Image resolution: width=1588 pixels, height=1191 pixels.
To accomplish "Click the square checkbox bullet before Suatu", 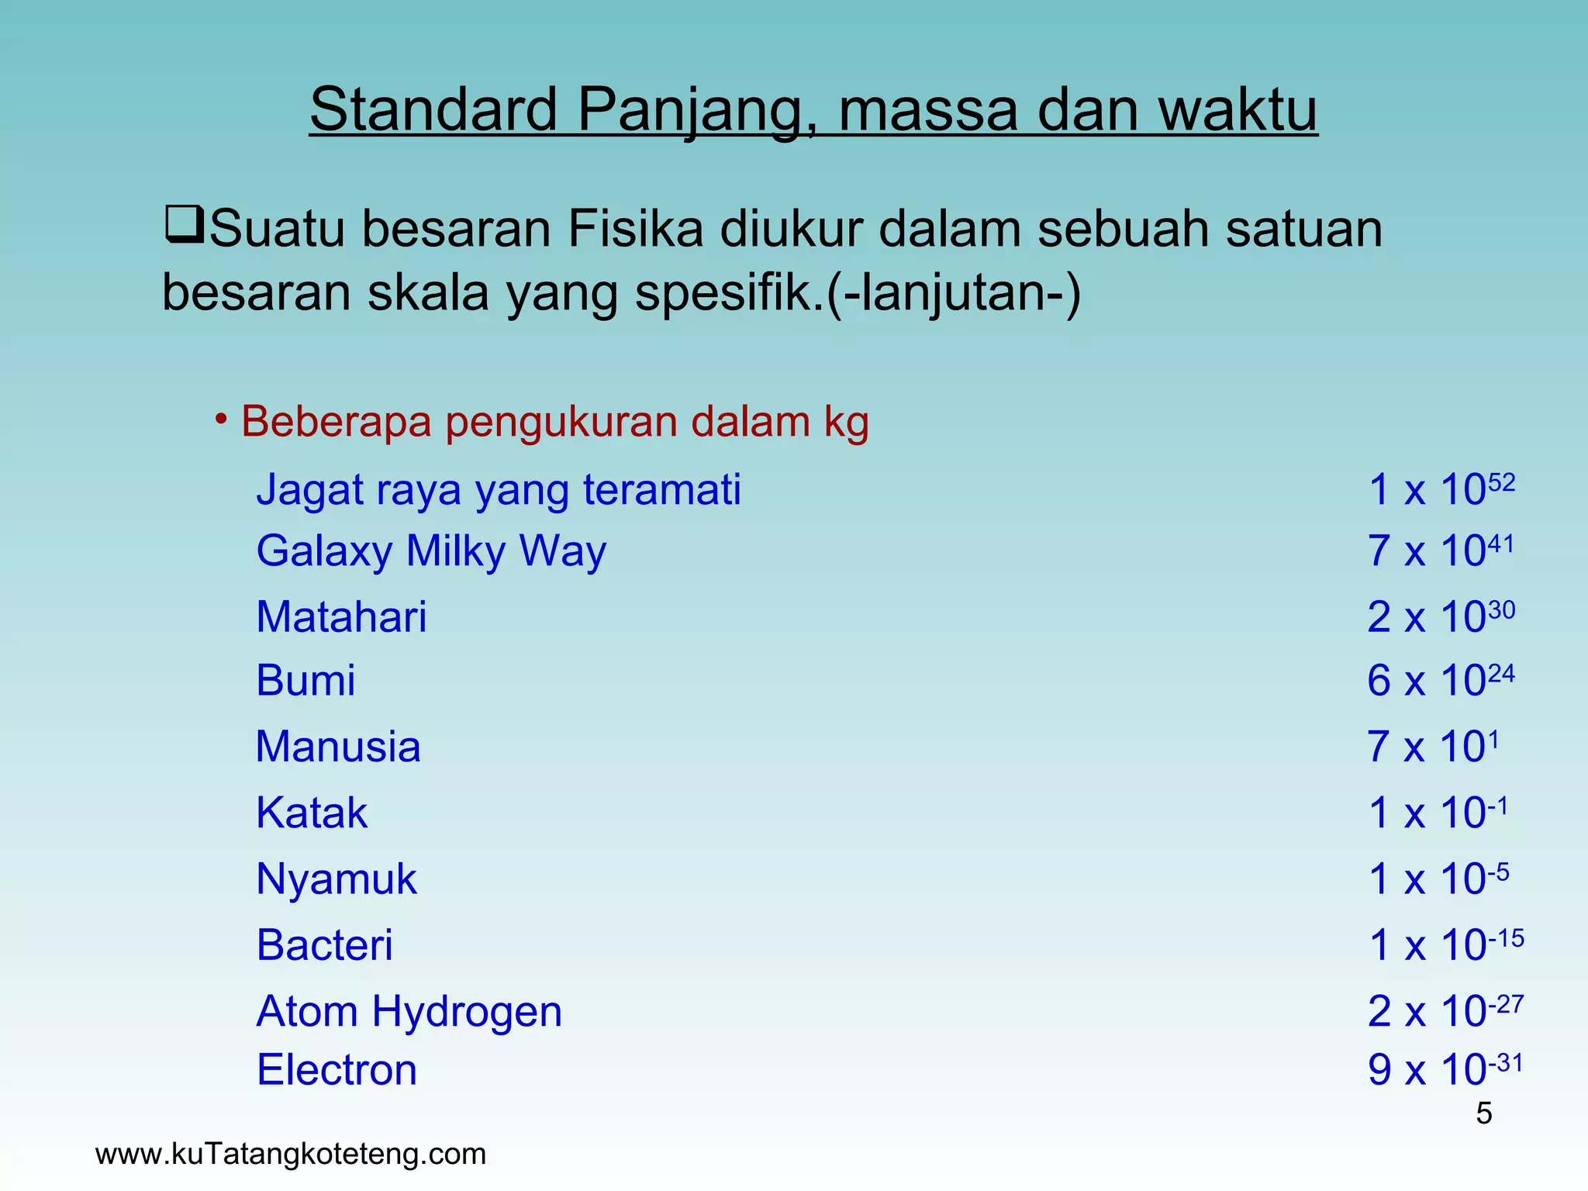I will point(184,224).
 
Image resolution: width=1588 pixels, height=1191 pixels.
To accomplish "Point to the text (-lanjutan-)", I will point(954,293).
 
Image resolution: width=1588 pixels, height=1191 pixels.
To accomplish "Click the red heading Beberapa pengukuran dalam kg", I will point(554,423).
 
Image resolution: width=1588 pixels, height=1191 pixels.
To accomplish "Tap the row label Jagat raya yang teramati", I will point(499,490).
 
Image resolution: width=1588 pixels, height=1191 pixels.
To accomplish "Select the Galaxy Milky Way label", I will point(431,551).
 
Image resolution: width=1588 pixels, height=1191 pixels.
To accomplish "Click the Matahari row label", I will point(341,617).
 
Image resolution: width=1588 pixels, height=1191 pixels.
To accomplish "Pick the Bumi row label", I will point(306,681).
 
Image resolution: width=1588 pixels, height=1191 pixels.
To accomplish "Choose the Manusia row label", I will point(338,747).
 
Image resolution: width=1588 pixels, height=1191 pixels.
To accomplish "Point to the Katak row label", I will point(312,813).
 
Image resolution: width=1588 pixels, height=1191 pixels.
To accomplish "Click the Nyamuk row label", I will point(337,879).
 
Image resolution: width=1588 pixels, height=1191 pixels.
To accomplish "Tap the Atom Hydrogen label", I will point(409,1012).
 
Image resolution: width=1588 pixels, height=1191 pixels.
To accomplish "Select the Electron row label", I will point(337,1071).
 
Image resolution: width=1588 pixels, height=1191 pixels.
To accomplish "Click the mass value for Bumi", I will point(1440,680).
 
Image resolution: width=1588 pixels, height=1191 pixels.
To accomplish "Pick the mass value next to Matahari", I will point(1440,616).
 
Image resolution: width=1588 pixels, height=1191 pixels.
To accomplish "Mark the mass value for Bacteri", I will point(1445,944).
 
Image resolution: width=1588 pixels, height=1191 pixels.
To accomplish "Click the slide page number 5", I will point(1483,1113).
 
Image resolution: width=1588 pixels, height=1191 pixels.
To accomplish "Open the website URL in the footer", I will point(291,1154).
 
